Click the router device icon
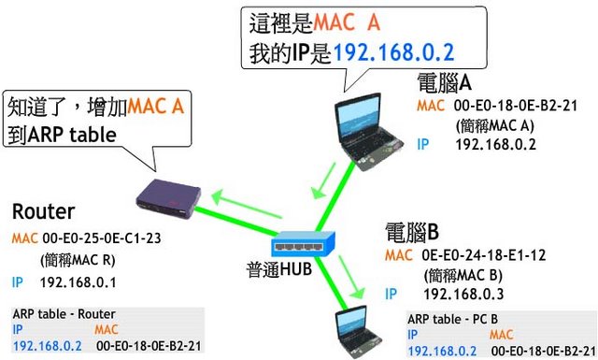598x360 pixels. pos(168,198)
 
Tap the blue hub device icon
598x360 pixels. pos(303,244)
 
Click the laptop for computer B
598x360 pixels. pos(357,333)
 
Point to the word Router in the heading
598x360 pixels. pos(43,211)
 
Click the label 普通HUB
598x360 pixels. pos(279,268)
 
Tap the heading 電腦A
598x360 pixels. pos(445,83)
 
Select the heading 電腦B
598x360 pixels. pos(412,232)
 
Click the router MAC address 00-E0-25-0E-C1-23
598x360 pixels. pos(102,238)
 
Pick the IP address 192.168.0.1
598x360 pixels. pos(78,282)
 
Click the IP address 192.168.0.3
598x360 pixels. pos(463,294)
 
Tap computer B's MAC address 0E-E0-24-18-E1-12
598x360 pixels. pos(484,255)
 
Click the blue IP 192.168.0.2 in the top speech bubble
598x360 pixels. pos(394,52)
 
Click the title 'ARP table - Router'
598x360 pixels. pos(64,314)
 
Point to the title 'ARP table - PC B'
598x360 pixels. pos(452,319)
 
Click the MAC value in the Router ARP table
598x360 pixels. pos(149,346)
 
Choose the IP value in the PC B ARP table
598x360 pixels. pos(442,351)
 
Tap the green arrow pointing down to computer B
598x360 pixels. pos(351,277)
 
